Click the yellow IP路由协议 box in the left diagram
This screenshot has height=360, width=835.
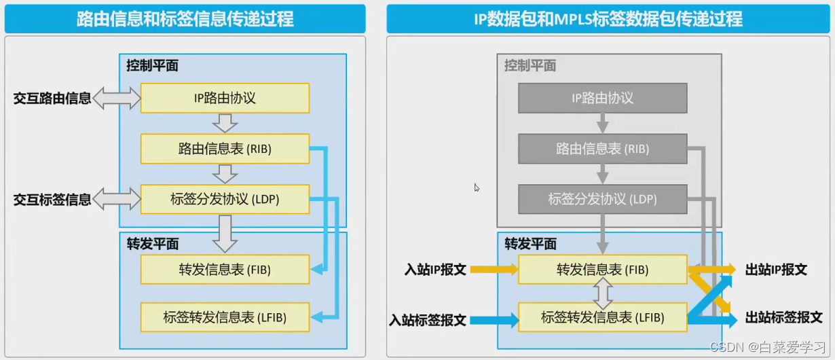(x=225, y=98)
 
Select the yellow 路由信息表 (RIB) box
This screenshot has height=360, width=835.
(x=225, y=149)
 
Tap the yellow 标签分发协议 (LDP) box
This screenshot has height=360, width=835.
(x=225, y=200)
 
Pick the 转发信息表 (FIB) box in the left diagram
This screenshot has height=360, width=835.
(x=225, y=270)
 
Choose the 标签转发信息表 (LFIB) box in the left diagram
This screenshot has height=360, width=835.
(x=225, y=317)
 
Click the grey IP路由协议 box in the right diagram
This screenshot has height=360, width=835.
(x=602, y=98)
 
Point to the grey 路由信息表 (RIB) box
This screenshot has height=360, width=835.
(x=602, y=149)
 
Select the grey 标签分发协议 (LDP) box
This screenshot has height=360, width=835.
(x=602, y=200)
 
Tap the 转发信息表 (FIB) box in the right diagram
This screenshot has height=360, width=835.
(x=602, y=270)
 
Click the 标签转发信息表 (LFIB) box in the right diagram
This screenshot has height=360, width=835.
(x=602, y=317)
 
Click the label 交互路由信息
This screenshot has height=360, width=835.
(x=52, y=98)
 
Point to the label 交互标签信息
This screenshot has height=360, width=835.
(x=52, y=200)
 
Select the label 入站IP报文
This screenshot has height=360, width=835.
(x=435, y=270)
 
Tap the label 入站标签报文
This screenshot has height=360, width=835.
(x=428, y=319)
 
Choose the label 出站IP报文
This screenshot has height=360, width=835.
(x=776, y=270)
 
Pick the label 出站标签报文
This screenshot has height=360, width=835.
(x=783, y=317)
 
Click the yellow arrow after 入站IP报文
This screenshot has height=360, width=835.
(x=493, y=270)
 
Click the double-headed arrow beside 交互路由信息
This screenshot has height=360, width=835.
(x=116, y=98)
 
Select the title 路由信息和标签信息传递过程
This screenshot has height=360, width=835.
(x=185, y=18)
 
